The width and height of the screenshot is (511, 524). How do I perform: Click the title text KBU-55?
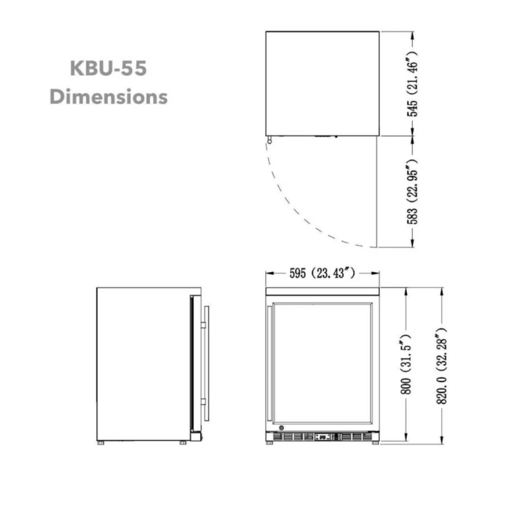pos(108,70)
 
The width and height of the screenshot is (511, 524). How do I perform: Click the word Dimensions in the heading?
pos(108,97)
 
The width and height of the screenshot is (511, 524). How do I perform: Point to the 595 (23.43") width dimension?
pos(322,273)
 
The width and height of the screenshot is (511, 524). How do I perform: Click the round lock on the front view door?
pos(280,430)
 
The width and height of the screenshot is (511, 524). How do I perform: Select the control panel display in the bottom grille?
pos(324,436)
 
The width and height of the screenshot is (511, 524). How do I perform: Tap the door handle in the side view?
pos(206,360)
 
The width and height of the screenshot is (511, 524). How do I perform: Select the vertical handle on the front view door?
pos(271,360)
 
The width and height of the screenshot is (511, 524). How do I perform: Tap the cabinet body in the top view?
pos(322,82)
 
